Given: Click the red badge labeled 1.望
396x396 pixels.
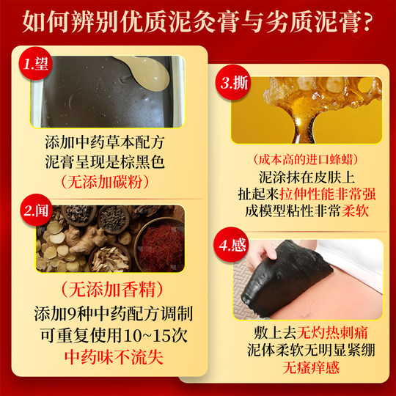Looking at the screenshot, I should pos(35,63).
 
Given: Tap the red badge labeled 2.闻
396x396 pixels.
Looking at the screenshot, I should pos(36,212).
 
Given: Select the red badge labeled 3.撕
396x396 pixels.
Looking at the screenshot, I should pos(233,82).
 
